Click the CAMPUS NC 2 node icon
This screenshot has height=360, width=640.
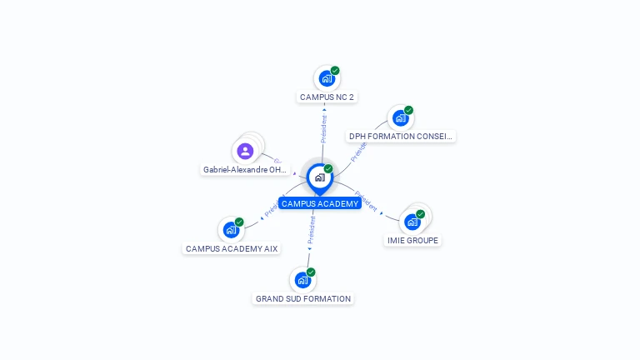(x=327, y=78)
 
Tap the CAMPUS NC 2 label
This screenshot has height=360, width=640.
(x=327, y=97)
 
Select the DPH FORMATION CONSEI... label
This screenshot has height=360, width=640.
(x=400, y=137)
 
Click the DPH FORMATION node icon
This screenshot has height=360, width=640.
(x=400, y=118)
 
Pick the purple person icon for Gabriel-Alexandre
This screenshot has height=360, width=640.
(x=245, y=152)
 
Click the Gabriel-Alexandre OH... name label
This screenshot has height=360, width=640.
(x=245, y=170)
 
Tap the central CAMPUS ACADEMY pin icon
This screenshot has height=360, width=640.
(x=319, y=177)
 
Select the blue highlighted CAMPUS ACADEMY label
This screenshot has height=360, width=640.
(x=320, y=203)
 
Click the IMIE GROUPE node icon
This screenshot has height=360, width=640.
(x=412, y=222)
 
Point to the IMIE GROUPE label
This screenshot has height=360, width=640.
(x=412, y=241)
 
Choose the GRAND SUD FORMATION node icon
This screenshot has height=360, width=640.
(x=302, y=280)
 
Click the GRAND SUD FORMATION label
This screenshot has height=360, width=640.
(x=303, y=299)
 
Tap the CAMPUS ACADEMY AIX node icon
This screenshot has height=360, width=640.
(x=231, y=230)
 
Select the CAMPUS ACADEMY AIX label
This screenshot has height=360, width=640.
(x=232, y=249)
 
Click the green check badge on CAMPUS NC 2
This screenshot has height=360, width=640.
(x=335, y=71)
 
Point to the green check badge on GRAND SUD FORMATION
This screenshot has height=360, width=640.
(x=311, y=272)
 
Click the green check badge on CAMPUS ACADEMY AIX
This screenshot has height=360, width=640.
(x=239, y=222)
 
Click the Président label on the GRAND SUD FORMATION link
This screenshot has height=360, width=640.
(x=311, y=230)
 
